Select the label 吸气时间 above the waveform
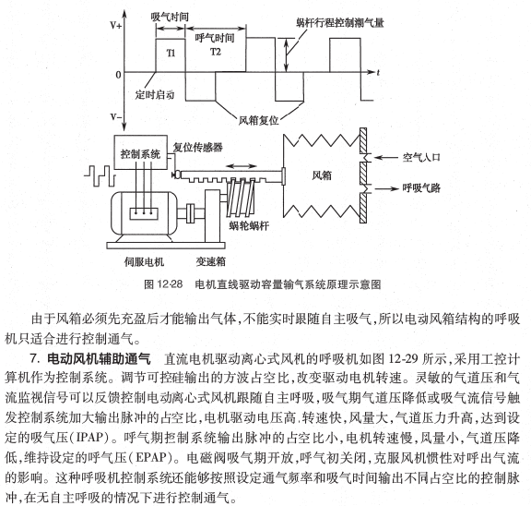[169, 17]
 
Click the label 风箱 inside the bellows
[322, 173]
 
